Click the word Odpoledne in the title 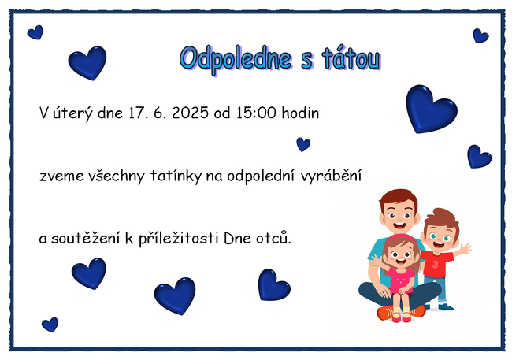(x=236, y=60)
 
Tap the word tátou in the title (x=351, y=59)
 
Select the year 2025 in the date (x=191, y=113)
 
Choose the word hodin (x=300, y=113)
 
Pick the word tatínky (x=176, y=176)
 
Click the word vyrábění (x=331, y=176)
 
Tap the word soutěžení (x=86, y=238)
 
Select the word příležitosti (x=179, y=238)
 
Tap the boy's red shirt (x=436, y=264)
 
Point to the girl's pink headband (x=401, y=238)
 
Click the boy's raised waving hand (x=464, y=249)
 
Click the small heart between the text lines (x=303, y=144)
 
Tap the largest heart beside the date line (x=431, y=109)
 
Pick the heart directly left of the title (x=87, y=63)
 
